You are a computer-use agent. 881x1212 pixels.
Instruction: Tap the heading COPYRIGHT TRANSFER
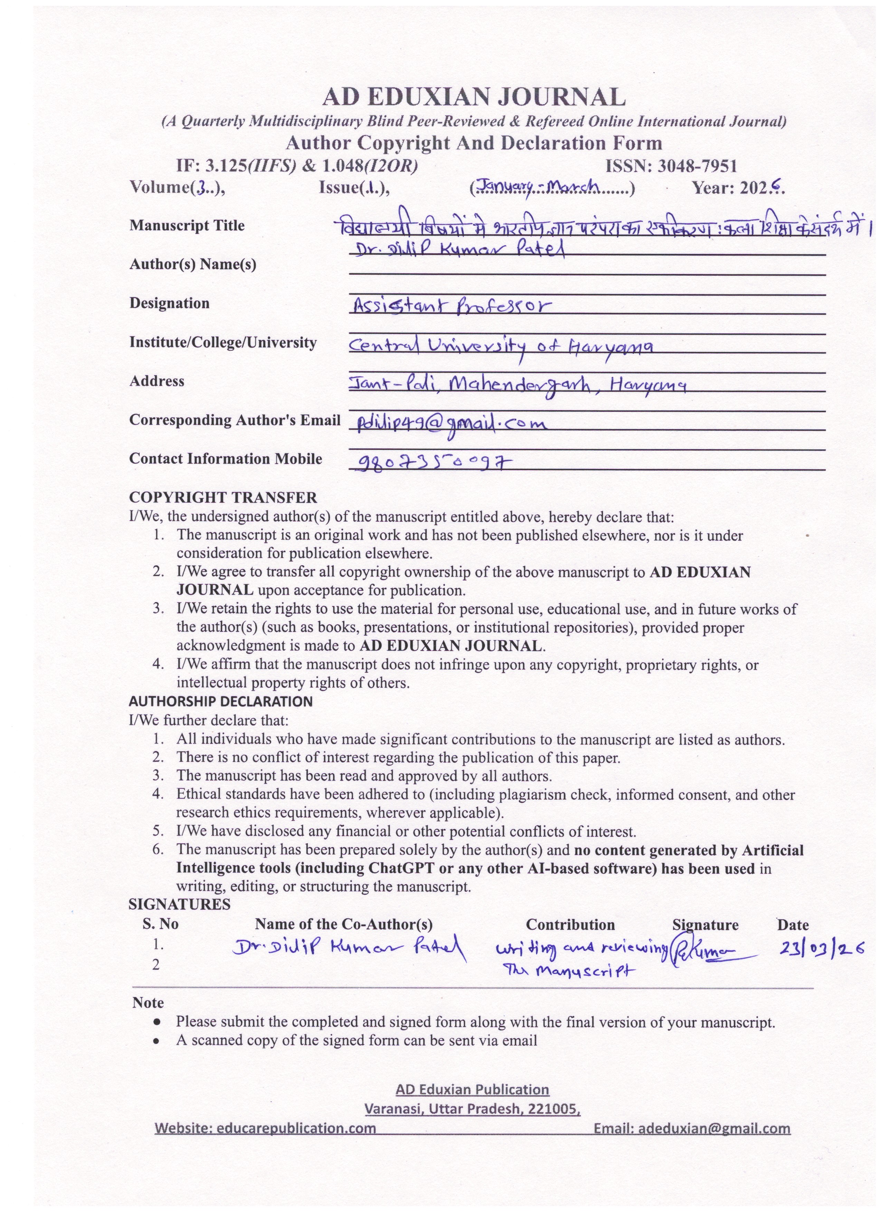pyautogui.click(x=223, y=498)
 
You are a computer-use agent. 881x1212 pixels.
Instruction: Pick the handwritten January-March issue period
pyautogui.click(x=540, y=187)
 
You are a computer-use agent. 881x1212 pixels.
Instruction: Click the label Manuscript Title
pyautogui.click(x=187, y=226)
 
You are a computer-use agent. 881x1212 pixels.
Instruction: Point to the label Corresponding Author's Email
pyautogui.click(x=235, y=420)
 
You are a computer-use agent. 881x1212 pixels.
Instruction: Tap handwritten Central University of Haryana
pyautogui.click(x=501, y=347)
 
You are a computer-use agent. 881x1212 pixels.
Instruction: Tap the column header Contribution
pyautogui.click(x=570, y=925)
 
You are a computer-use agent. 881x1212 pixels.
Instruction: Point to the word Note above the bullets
pyautogui.click(x=148, y=1003)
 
